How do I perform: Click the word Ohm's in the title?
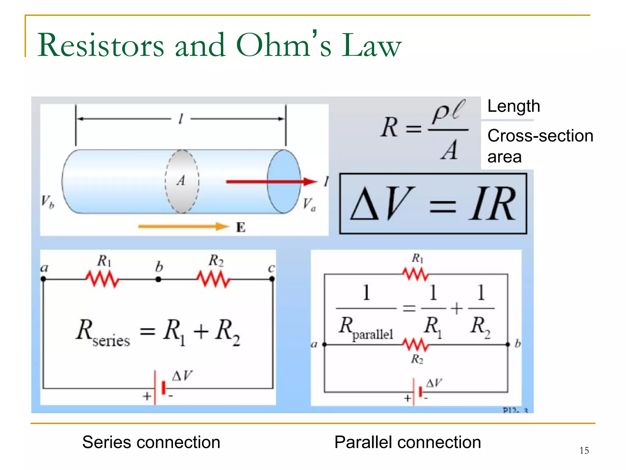pyautogui.click(x=284, y=45)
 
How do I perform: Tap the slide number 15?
pyautogui.click(x=584, y=450)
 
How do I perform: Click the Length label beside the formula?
pyautogui.click(x=514, y=106)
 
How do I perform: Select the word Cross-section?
pyautogui.click(x=540, y=135)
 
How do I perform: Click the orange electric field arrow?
pyautogui.click(x=183, y=227)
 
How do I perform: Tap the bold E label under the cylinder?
pyautogui.click(x=241, y=228)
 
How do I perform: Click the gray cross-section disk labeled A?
pyautogui.click(x=182, y=181)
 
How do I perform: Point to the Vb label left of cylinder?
pyautogui.click(x=48, y=202)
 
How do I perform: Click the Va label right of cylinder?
pyautogui.click(x=309, y=204)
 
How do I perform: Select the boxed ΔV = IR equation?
pyautogui.click(x=433, y=204)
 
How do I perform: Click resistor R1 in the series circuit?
pyautogui.click(x=102, y=279)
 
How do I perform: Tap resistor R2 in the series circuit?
pyautogui.click(x=213, y=279)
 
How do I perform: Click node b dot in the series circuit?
pyautogui.click(x=158, y=279)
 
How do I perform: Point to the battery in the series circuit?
pyautogui.click(x=160, y=388)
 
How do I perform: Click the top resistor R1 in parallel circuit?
pyautogui.click(x=416, y=274)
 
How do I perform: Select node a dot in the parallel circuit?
pyautogui.click(x=325, y=345)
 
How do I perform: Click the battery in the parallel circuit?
pyautogui.click(x=417, y=392)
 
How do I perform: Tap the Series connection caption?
pyautogui.click(x=151, y=442)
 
